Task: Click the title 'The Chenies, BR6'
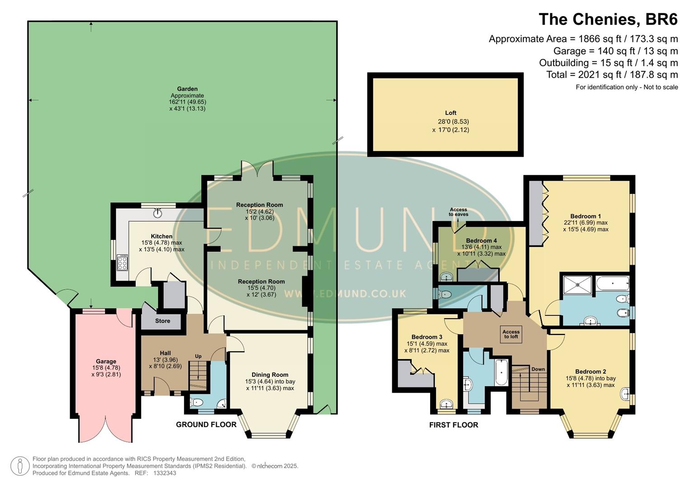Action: pyautogui.click(x=608, y=19)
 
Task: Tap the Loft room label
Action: pyautogui.click(x=451, y=113)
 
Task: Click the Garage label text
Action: pyautogui.click(x=106, y=361)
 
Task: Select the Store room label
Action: pyautogui.click(x=163, y=321)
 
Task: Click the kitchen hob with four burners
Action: pyautogui.click(x=122, y=263)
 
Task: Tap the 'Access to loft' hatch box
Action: pyautogui.click(x=511, y=334)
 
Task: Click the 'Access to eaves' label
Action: pyautogui.click(x=458, y=212)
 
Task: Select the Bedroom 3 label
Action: pyautogui.click(x=427, y=337)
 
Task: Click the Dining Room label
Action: pyautogui.click(x=270, y=375)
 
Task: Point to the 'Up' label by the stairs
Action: pyautogui.click(x=198, y=356)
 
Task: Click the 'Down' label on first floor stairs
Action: pyautogui.click(x=538, y=369)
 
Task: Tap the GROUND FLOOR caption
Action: pyautogui.click(x=206, y=424)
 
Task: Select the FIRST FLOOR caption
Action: pyautogui.click(x=453, y=425)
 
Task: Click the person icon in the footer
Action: pyautogui.click(x=20, y=466)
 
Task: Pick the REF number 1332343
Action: pyautogui.click(x=164, y=473)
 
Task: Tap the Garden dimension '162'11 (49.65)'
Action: pyautogui.click(x=187, y=102)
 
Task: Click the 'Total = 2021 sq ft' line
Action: pyautogui.click(x=612, y=75)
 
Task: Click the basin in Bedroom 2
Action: pyautogui.click(x=625, y=394)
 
